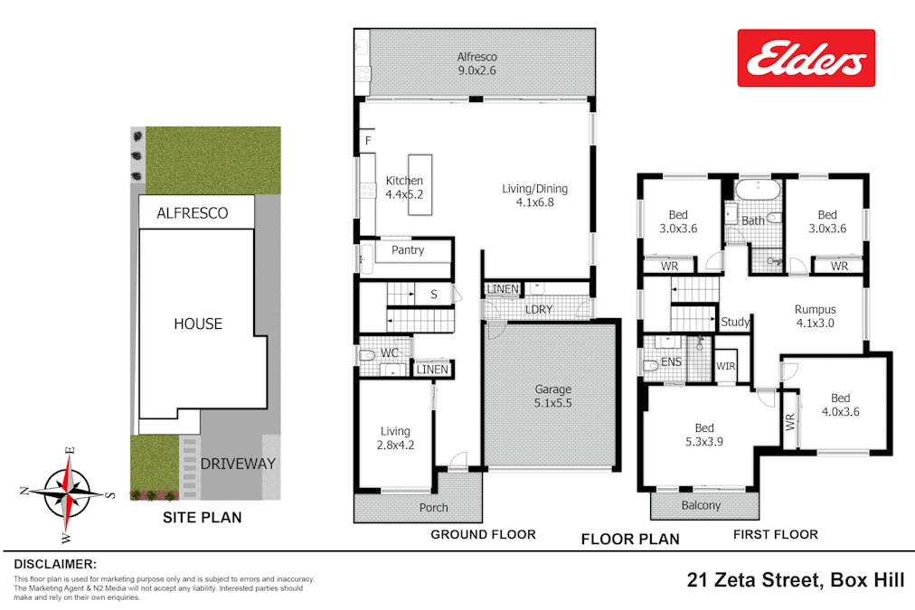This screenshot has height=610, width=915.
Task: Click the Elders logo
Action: coord(806,58)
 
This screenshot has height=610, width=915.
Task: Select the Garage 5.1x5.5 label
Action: coord(551,398)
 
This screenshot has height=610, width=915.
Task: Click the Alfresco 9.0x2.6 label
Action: coord(477,62)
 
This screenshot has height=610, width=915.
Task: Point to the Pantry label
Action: coord(408,250)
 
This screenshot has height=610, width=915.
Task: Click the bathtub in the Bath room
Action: coord(753,192)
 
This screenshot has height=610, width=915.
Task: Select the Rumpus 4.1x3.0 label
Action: coord(815,315)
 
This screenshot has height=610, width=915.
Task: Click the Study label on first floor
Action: coord(735,322)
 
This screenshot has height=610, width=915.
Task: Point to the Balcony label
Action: coord(701,505)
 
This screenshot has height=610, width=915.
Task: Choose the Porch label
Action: coord(434,508)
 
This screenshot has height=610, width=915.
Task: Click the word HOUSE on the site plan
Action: coord(198,324)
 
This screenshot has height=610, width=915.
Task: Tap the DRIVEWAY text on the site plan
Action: coord(238,465)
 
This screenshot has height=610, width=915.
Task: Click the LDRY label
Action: coord(538,310)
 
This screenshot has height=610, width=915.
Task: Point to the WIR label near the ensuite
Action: coord(725,366)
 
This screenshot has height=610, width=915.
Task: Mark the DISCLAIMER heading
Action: coord(54,563)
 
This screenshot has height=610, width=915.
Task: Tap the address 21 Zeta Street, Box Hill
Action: coord(795,580)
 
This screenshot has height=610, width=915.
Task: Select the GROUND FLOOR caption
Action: coord(483,534)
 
